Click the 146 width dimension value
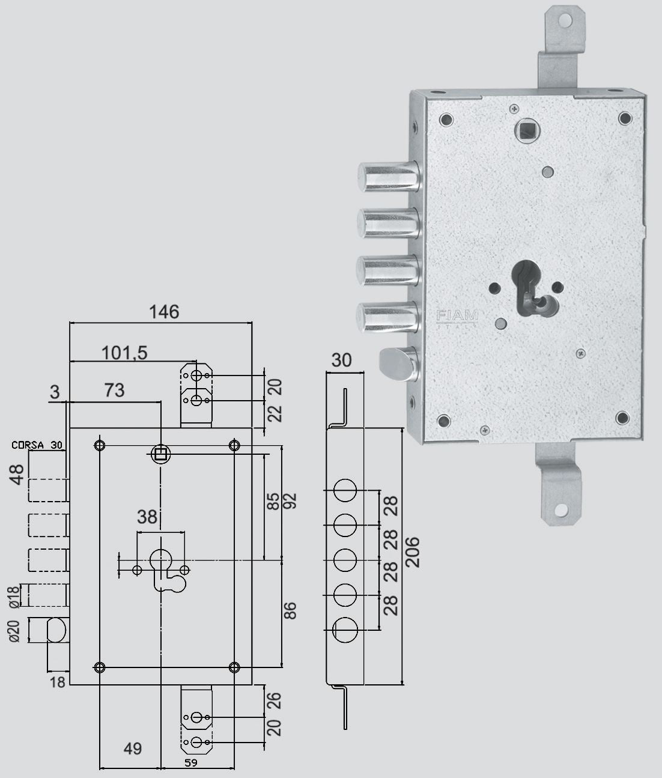point(164,312)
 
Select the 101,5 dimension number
point(124,353)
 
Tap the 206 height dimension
point(413,552)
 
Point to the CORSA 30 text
point(37,445)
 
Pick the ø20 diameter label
point(13,631)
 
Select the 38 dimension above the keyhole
point(147,517)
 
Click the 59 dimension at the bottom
point(191,762)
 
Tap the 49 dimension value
point(133,749)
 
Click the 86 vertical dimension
point(290,610)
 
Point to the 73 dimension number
point(114,390)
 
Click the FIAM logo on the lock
point(457,316)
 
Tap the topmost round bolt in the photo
point(389,177)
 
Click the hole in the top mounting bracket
point(565,20)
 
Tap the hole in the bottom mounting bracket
point(560,511)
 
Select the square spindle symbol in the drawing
point(161,454)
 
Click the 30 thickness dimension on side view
point(341,360)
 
